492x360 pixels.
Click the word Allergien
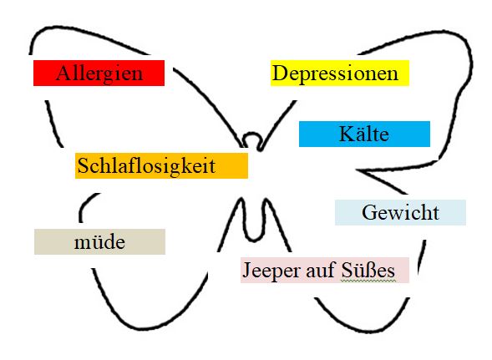coord(99,74)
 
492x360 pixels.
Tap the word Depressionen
coord(336,74)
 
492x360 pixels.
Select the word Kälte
coord(364,134)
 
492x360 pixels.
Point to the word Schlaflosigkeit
coord(146,165)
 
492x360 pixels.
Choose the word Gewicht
coord(400,212)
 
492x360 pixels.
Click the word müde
coord(99,242)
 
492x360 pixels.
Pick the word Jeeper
coord(271,271)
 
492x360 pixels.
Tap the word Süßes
coord(368,270)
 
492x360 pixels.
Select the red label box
coord(99,74)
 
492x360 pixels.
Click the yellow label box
coord(340,74)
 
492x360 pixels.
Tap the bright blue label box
coord(364,134)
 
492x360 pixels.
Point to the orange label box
coord(161,165)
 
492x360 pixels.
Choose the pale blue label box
coord(400,212)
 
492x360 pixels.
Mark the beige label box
coord(99,241)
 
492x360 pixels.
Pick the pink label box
coord(325,271)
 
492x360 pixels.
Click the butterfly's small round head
coord(252,135)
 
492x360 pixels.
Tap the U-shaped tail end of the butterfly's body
coord(254,239)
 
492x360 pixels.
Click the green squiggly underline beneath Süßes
coord(368,280)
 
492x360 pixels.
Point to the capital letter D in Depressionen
coord(280,74)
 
